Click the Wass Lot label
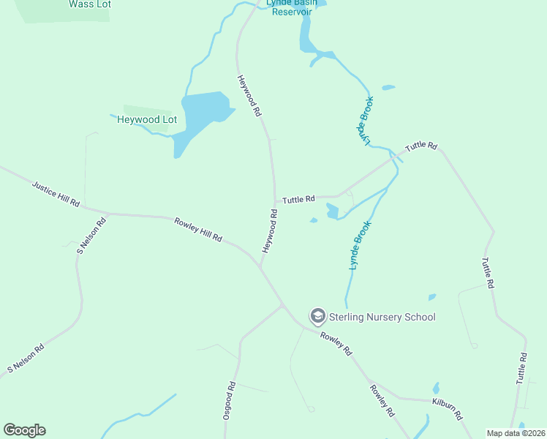(89, 4)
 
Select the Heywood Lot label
(147, 119)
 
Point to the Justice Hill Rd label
(56, 193)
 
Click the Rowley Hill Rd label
(197, 229)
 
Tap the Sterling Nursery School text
(382, 317)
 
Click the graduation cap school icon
(317, 316)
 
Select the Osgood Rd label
(229, 400)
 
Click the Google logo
(24, 430)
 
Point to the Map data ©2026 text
(516, 433)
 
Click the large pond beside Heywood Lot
(200, 114)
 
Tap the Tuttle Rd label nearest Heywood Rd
(298, 199)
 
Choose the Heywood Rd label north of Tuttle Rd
(249, 96)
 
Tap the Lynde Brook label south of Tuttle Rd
(361, 246)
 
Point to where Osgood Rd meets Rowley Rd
(283, 306)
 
